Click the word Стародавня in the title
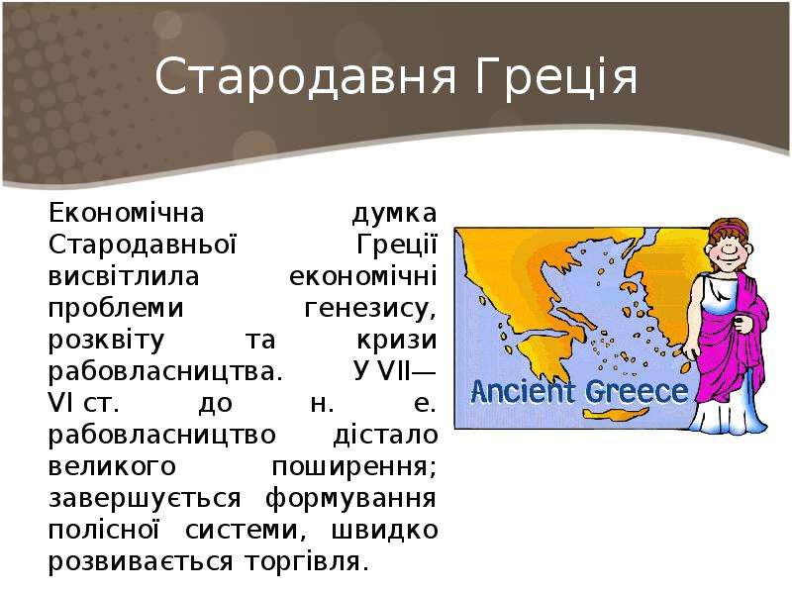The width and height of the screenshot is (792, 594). coord(306,77)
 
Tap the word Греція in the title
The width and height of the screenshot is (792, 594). coord(556,77)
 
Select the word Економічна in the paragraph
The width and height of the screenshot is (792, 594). coord(127,213)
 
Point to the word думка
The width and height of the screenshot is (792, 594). coord(394,214)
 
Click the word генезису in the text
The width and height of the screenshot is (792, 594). coord(370,309)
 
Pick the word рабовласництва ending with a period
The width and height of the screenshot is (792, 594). coord(164,372)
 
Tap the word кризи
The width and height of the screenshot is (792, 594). coord(397,341)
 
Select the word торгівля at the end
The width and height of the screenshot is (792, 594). coord(307,561)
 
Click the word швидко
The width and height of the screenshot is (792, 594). coord(384,530)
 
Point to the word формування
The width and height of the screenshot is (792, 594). coord(350,499)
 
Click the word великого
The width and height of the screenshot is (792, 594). coord(112,466)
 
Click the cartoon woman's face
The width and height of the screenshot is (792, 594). coord(729,248)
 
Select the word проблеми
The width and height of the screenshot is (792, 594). coord(116,309)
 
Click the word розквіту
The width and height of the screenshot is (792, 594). coord(107,341)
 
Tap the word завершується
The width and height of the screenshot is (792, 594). coord(145,499)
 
